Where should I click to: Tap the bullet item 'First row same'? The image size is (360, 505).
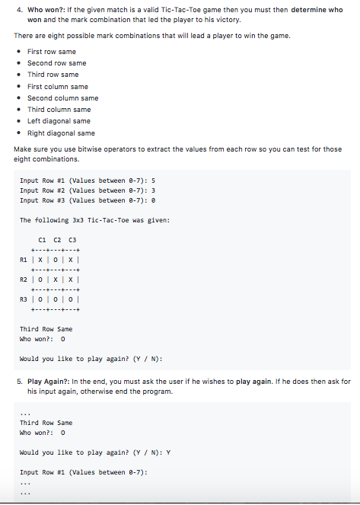tap(52, 51)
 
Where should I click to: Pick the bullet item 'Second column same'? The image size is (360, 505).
tap(62, 97)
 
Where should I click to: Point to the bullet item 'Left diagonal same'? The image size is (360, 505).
tap(59, 121)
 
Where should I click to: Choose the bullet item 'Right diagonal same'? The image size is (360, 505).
tap(61, 133)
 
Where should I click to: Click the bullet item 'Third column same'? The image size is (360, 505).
tap(59, 110)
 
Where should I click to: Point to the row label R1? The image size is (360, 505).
tap(24, 260)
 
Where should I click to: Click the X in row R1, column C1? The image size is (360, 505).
tap(42, 260)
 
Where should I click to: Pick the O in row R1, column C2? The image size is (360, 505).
tap(56, 260)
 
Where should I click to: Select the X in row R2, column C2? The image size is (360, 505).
tap(56, 280)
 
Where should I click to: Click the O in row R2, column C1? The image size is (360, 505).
tap(42, 280)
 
